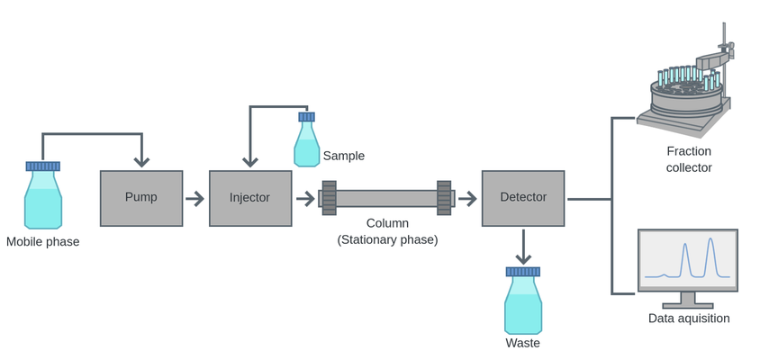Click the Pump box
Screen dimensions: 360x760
click(141, 198)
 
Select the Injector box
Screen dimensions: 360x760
click(250, 198)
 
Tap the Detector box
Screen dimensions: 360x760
click(523, 198)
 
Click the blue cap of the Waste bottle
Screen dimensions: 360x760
click(523, 271)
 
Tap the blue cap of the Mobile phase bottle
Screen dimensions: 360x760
click(43, 166)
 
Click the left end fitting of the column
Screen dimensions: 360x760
click(329, 198)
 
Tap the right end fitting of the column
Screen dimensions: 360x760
click(444, 198)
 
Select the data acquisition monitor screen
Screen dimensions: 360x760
click(688, 259)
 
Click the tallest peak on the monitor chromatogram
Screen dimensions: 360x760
click(710, 241)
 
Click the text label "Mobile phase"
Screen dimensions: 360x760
click(43, 241)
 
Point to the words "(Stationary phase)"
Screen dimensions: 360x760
click(387, 239)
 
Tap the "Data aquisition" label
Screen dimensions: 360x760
click(689, 318)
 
